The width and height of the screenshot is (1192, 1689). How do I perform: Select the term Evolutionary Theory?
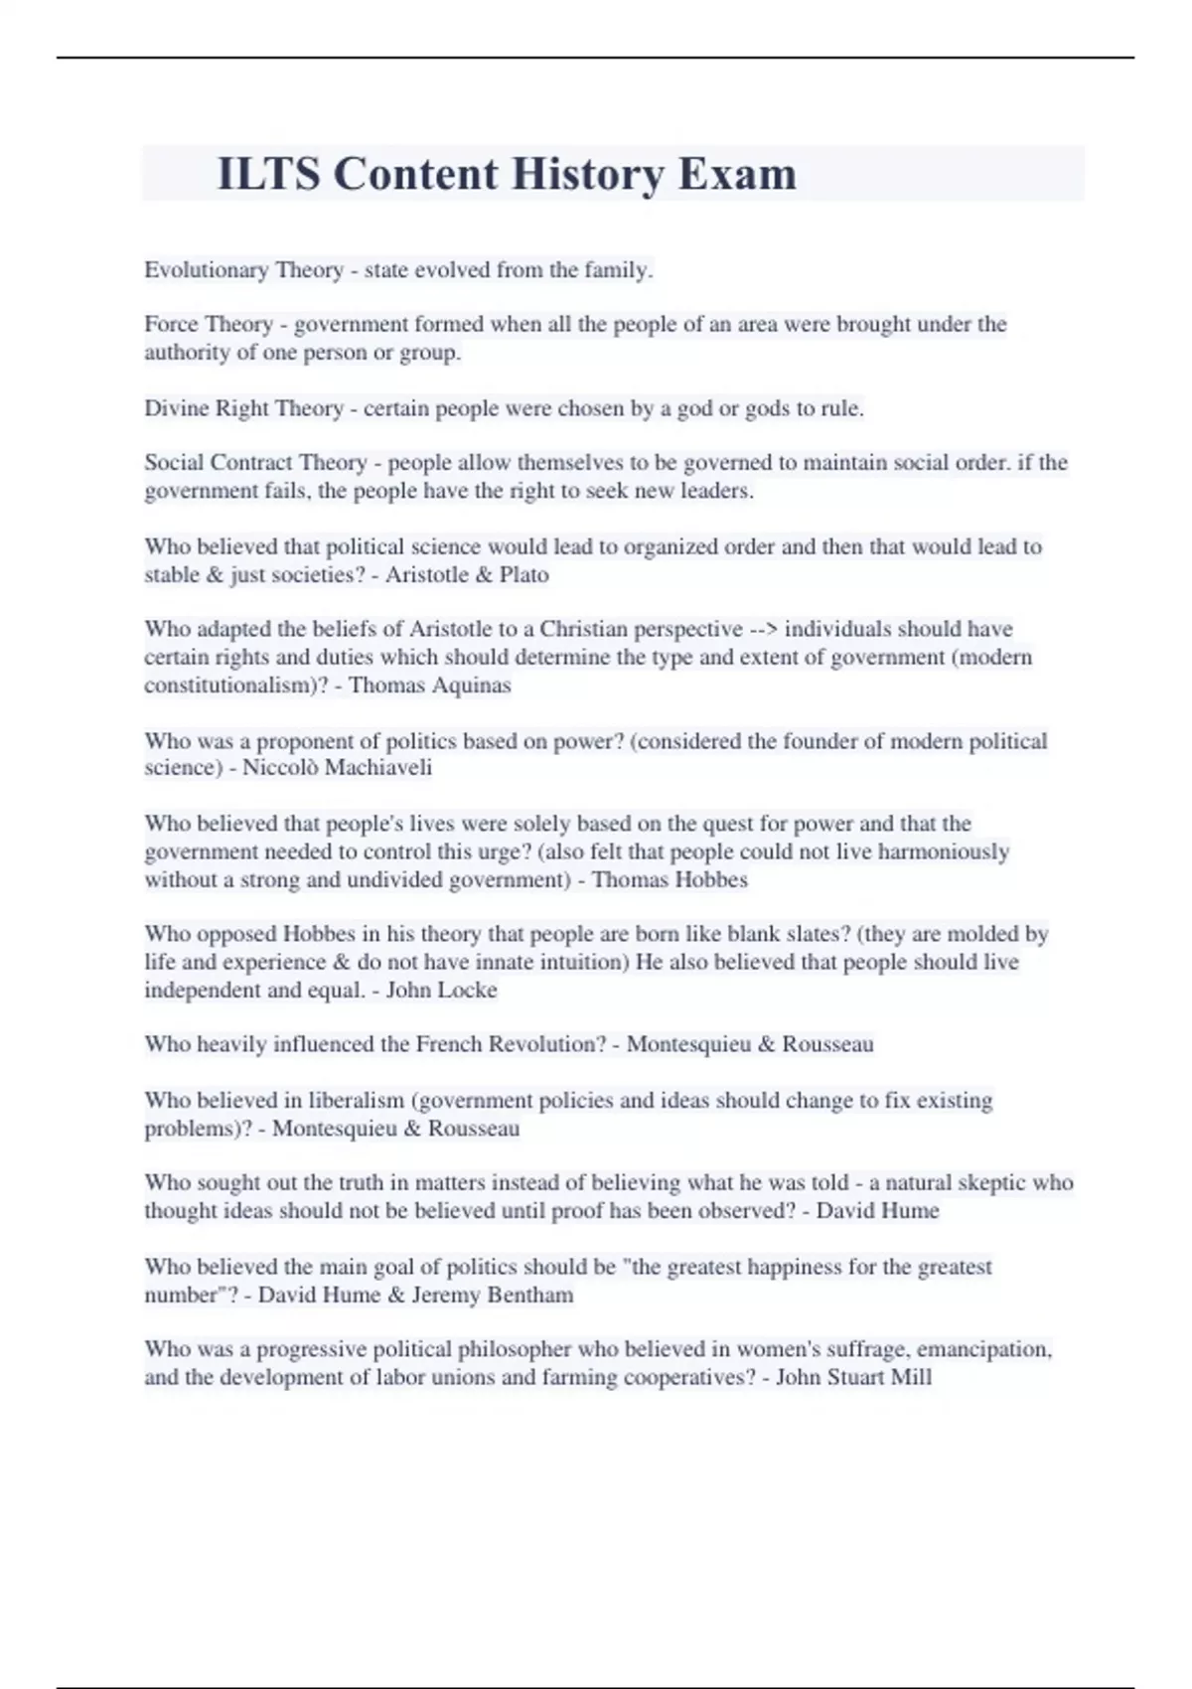pyautogui.click(x=243, y=270)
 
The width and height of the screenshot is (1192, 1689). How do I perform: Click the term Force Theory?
pyautogui.click(x=209, y=325)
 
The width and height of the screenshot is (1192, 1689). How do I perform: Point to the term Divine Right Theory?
pyautogui.click(x=243, y=408)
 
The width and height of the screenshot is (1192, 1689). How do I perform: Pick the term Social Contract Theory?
pyautogui.click(x=256, y=463)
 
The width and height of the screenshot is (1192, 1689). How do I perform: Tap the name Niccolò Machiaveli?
pyautogui.click(x=338, y=768)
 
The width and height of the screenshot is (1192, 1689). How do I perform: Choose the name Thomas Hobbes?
pyautogui.click(x=670, y=880)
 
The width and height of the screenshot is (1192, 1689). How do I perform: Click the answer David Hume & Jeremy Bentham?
pyautogui.click(x=415, y=1296)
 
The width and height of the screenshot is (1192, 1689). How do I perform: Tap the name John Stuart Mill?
pyautogui.click(x=853, y=1378)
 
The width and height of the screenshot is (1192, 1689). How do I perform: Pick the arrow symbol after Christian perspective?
pyautogui.click(x=763, y=630)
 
